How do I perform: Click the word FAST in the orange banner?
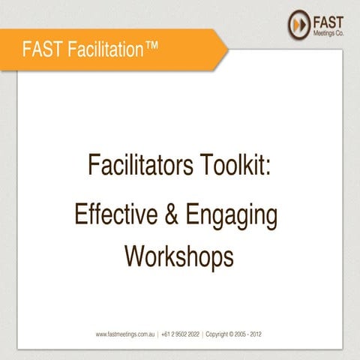pos(39,50)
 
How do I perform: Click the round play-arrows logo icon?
pos(298,23)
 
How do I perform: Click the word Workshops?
pos(179,256)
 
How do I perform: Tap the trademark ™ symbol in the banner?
pos(152,46)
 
